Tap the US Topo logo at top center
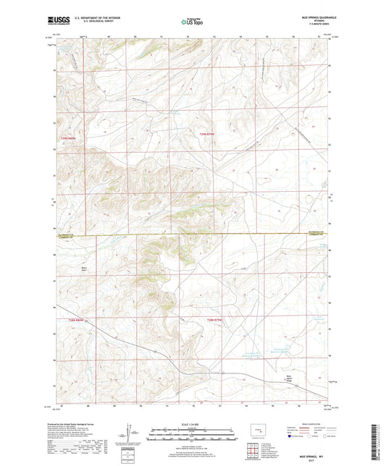click(x=191, y=22)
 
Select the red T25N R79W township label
click(x=208, y=134)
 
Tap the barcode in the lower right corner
click(x=378, y=441)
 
